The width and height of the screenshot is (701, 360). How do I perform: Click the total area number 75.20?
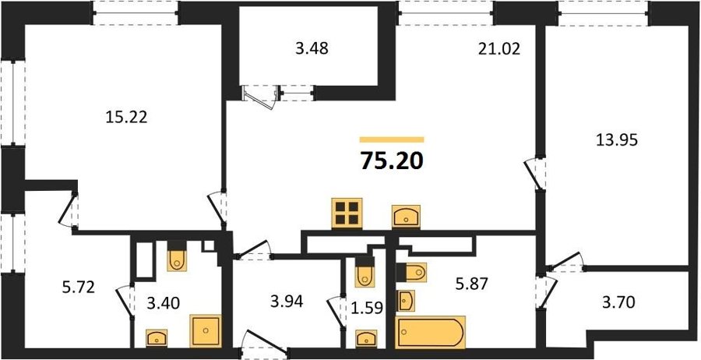391,161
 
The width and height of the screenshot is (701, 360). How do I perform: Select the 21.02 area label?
499,48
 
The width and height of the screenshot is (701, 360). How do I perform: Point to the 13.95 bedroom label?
616,140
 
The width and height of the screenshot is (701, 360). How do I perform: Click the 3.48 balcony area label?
312,48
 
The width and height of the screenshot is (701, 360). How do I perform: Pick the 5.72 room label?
78,287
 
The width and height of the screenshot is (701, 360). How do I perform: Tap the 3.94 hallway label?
287,302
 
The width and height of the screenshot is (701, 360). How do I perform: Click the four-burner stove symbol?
347,213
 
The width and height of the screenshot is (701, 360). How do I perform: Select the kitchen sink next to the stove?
406,217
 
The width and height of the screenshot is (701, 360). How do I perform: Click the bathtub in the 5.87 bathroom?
430,331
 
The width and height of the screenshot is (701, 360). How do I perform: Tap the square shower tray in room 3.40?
206,330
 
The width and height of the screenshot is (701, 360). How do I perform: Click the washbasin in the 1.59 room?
366,338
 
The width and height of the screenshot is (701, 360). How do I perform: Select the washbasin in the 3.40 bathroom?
157,337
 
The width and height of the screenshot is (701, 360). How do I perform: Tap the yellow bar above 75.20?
392,139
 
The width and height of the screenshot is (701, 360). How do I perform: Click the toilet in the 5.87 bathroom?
412,272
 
